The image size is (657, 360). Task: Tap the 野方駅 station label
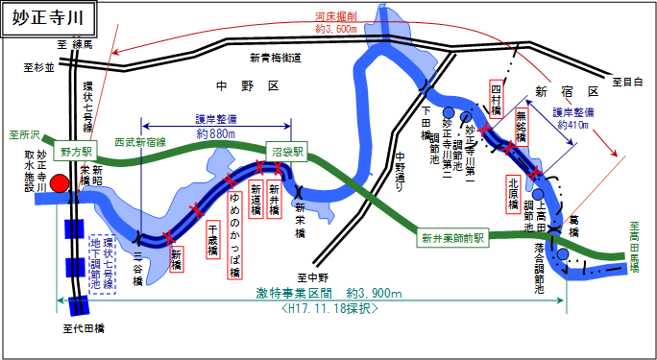point(76,151)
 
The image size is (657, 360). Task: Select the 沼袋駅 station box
point(285,151)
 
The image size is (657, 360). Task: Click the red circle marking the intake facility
point(60,183)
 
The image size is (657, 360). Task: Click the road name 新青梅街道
point(275,59)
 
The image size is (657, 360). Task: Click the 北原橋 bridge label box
point(515,192)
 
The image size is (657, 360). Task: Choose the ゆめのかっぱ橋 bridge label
point(233,239)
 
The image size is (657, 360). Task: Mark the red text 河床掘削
point(335,16)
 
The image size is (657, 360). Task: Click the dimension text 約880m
point(215,133)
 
